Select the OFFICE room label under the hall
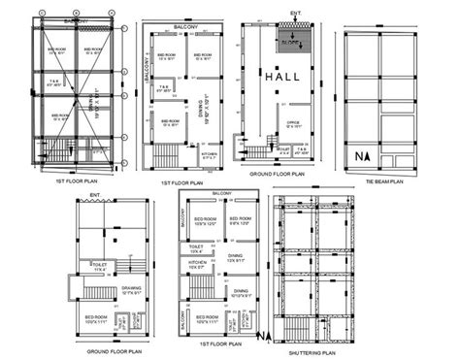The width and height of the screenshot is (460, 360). [x=293, y=123]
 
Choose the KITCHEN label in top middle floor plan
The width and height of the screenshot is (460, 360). [x=209, y=153]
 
